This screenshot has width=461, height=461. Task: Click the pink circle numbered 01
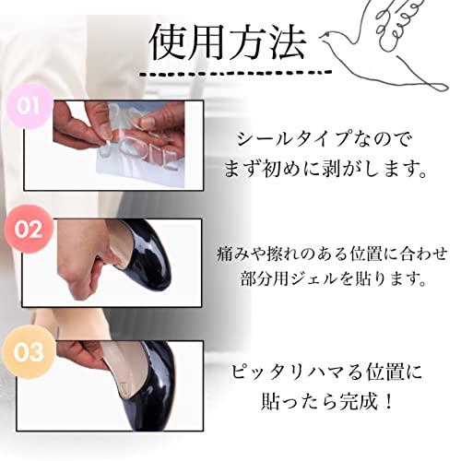[x=29, y=106]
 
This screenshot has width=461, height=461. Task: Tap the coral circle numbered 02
[x=29, y=230]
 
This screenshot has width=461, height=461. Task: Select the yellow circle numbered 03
[x=29, y=352]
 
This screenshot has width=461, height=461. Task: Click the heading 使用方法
[x=228, y=43]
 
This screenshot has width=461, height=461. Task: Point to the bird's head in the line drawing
[x=329, y=38]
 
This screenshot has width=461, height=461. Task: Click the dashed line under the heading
[x=235, y=73]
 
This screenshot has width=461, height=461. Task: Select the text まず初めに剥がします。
[x=325, y=169]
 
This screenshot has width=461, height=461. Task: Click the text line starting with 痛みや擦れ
[x=332, y=254]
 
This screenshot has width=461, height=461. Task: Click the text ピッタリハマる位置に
[x=326, y=372]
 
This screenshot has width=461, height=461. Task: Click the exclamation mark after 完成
[x=389, y=401]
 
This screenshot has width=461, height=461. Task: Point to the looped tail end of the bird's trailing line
[x=436, y=86]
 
